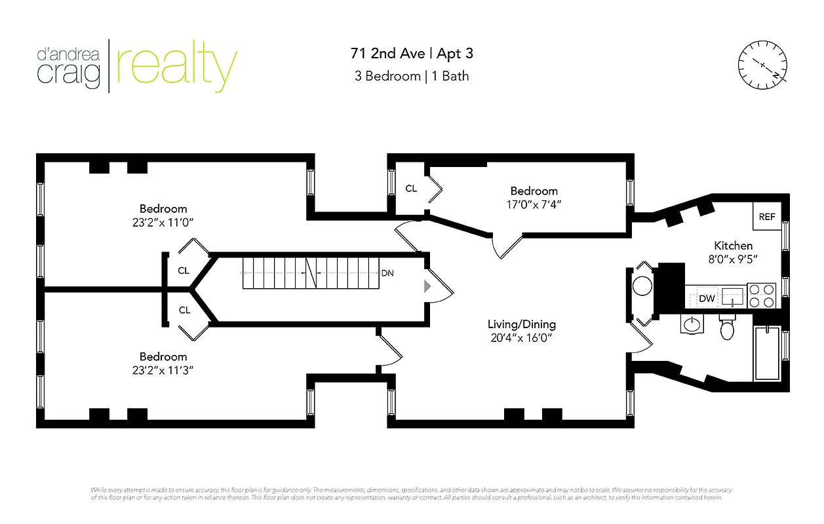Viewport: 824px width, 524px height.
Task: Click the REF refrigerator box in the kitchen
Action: (x=766, y=217)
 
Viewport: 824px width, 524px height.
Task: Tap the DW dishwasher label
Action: (x=706, y=299)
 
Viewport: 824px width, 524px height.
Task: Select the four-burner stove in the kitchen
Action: (x=761, y=295)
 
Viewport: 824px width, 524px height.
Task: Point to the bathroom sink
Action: (x=691, y=324)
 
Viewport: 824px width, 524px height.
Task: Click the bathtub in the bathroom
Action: (x=768, y=353)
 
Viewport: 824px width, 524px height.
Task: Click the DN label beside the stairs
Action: (x=387, y=273)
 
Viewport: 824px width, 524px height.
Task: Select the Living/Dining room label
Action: (x=521, y=324)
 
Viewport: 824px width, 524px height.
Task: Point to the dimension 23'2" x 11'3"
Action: (x=163, y=370)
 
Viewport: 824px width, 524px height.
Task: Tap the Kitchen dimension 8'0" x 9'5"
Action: (x=733, y=259)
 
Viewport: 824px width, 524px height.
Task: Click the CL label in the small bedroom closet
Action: (x=411, y=189)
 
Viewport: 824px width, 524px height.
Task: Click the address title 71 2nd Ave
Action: (x=389, y=53)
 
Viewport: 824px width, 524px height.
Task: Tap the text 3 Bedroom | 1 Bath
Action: (x=412, y=76)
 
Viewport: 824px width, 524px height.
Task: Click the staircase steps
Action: (x=308, y=273)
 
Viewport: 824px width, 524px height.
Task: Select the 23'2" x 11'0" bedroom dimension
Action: (x=163, y=223)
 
